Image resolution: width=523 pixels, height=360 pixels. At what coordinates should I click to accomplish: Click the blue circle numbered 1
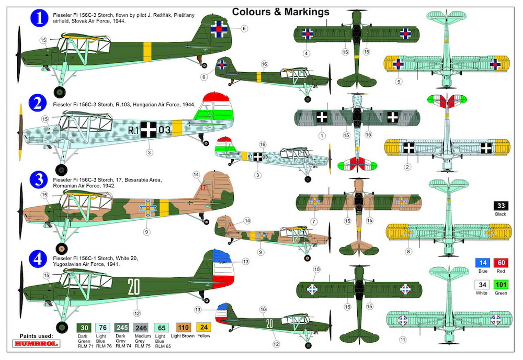tap(39, 18)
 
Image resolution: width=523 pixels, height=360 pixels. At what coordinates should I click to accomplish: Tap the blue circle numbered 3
tap(39, 180)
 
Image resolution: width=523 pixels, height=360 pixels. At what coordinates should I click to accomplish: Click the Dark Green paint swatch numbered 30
tap(84, 328)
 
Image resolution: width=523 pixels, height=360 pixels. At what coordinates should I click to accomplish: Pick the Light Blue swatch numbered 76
tap(103, 328)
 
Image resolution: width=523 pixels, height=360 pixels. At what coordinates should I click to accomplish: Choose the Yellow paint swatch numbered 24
tap(204, 328)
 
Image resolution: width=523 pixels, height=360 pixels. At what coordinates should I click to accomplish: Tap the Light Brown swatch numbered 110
tap(183, 328)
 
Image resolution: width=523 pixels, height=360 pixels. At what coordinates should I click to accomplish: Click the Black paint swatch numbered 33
tap(501, 206)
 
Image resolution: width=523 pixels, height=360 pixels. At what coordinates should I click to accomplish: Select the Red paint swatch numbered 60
tap(501, 263)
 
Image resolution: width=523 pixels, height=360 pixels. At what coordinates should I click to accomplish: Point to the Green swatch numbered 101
tap(501, 285)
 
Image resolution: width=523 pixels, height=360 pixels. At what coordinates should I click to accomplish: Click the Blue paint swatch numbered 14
tap(483, 263)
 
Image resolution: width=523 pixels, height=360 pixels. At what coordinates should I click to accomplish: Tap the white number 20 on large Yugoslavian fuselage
tap(134, 287)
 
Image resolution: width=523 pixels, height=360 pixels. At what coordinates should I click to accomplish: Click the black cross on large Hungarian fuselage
tap(149, 129)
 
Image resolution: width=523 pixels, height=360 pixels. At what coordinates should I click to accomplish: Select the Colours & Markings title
tap(280, 12)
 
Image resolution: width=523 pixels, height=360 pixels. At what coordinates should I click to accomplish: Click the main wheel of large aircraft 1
tap(60, 92)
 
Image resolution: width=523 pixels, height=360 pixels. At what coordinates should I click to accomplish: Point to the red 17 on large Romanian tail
tap(203, 187)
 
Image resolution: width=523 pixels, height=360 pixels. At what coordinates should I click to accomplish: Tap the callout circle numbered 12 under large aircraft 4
tap(137, 313)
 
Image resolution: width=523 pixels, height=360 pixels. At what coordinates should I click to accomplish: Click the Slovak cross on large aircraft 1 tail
tap(219, 29)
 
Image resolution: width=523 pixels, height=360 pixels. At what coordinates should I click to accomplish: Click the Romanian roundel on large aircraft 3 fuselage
tap(148, 208)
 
